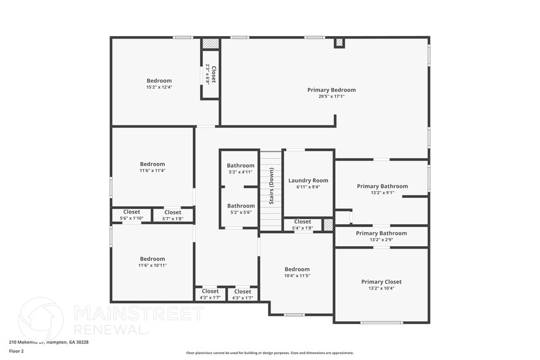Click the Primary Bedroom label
point(331,90)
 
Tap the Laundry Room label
point(308,181)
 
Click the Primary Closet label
point(381,282)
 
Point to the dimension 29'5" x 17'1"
point(331,97)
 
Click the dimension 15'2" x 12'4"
point(159,87)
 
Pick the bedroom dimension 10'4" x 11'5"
point(297,276)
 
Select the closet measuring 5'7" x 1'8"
point(173,216)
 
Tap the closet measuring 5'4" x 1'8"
point(302,225)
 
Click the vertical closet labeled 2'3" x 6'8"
point(211,74)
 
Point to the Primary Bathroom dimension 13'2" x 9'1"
point(382,193)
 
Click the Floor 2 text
point(17,351)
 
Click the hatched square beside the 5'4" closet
point(328,225)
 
